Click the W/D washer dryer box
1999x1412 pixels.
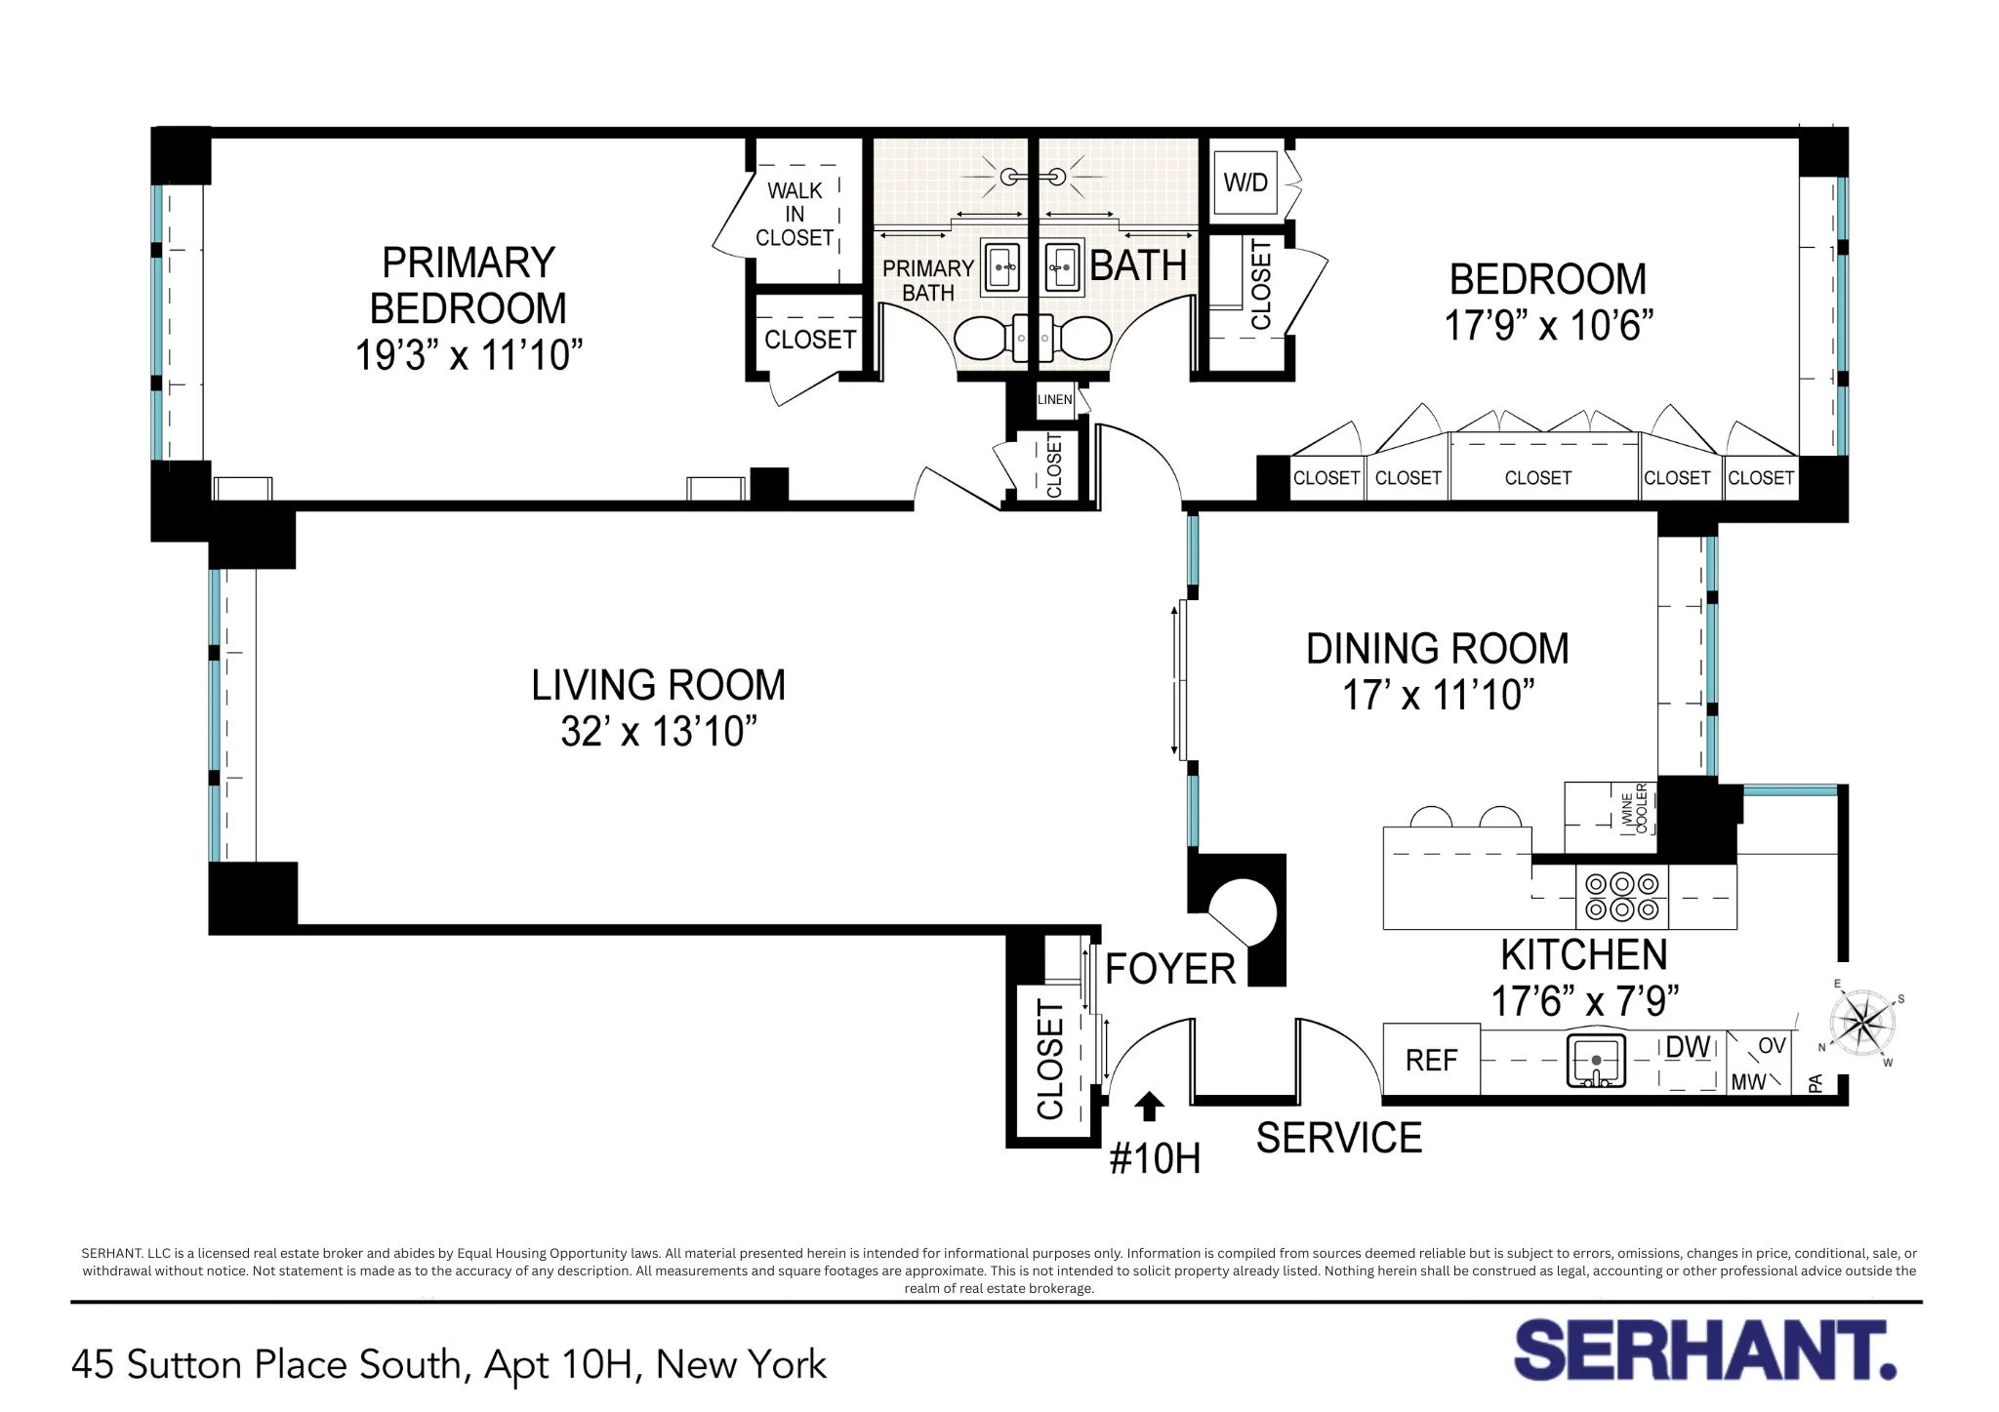(1244, 182)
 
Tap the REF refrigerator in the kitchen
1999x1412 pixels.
(1431, 1060)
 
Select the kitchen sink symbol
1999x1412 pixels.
(1596, 1062)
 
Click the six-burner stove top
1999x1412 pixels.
(1621, 897)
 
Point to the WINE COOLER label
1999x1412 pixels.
(1633, 808)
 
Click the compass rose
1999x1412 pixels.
(1862, 1025)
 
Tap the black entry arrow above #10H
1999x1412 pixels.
(1149, 1106)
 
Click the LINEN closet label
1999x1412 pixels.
(1054, 399)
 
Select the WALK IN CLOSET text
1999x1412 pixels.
(795, 214)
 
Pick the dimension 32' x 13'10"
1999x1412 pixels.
(659, 732)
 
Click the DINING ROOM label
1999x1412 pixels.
(1437, 649)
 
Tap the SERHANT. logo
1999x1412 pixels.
(1704, 1351)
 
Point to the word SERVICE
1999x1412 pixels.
(1338, 1139)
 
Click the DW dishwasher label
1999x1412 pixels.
(1687, 1047)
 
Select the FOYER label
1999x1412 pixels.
(1169, 970)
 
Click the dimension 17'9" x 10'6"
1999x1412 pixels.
(1548, 326)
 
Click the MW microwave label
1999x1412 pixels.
(1748, 1082)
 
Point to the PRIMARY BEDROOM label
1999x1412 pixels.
(468, 285)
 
